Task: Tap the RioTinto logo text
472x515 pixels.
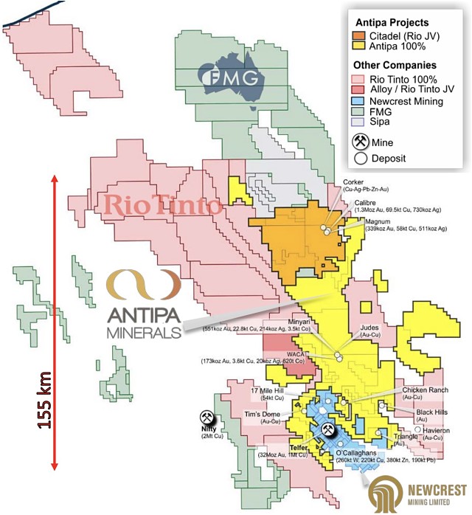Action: (164, 204)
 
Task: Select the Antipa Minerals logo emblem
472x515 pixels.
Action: (142, 284)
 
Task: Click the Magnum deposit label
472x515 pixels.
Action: (377, 221)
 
